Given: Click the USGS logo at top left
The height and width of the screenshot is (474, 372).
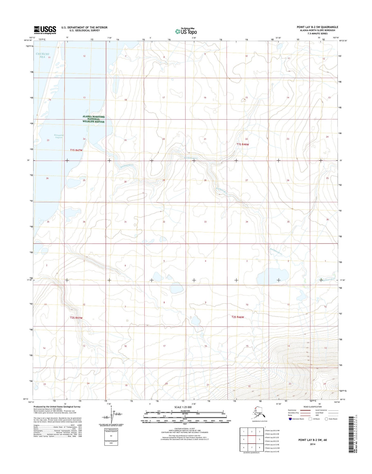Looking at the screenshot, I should click(x=45, y=30).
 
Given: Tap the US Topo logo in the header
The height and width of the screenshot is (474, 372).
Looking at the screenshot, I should click(x=186, y=31).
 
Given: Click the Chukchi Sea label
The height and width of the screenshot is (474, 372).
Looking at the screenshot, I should click(x=42, y=55).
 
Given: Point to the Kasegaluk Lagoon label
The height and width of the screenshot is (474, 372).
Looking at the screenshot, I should click(x=58, y=136).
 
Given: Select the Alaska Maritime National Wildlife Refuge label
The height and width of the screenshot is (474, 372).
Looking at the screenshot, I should click(x=94, y=119).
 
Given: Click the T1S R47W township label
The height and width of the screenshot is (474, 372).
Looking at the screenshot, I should click(x=76, y=150).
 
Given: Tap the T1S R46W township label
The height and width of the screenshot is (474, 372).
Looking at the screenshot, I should click(x=243, y=144).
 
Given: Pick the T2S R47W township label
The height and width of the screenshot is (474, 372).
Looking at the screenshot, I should click(x=76, y=318).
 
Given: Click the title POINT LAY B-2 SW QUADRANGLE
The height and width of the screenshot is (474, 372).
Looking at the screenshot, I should click(x=317, y=27).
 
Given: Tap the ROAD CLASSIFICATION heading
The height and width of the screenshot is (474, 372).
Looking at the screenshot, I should click(x=313, y=407).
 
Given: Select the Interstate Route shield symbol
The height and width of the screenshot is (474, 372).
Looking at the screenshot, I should click(x=290, y=419).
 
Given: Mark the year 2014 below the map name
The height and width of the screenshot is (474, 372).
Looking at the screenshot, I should click(x=313, y=444).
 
